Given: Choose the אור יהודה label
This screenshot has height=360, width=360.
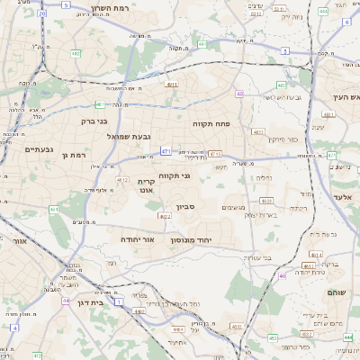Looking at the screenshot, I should [137, 240].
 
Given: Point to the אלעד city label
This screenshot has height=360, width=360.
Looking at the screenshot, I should [346, 196].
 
